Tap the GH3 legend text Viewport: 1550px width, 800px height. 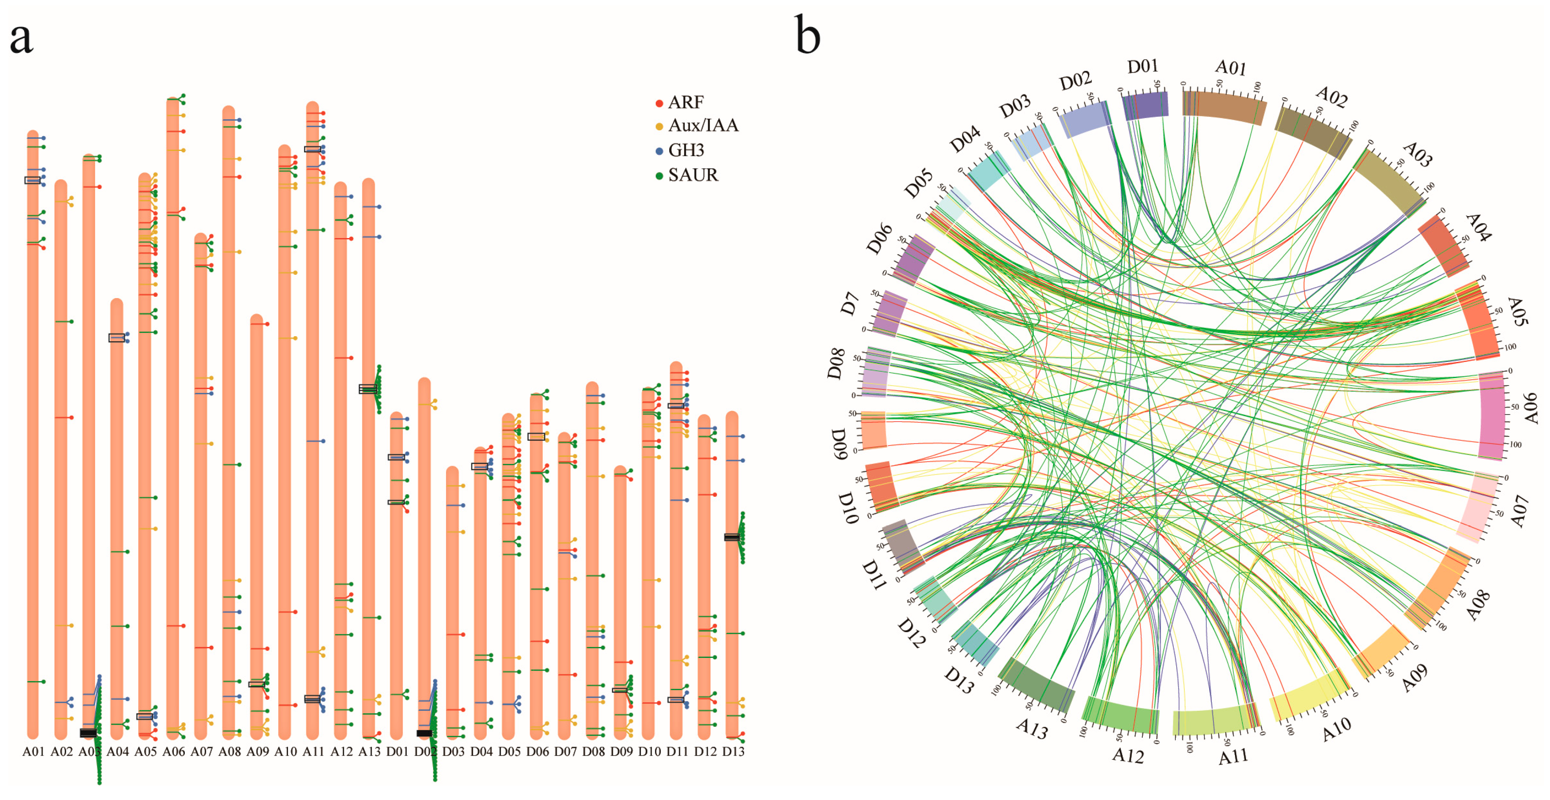(686, 150)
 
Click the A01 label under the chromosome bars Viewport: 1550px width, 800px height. (34, 751)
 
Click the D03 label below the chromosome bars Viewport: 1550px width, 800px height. (453, 751)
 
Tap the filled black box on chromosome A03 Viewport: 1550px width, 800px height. (88, 733)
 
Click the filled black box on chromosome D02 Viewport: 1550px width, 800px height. (424, 733)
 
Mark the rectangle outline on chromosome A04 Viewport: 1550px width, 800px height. (117, 338)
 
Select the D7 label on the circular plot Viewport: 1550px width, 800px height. (849, 304)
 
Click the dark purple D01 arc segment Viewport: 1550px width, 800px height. (1146, 105)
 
